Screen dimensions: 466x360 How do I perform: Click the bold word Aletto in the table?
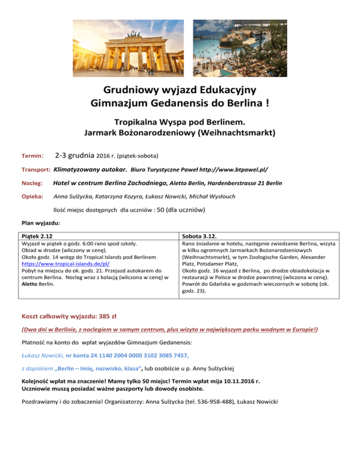click(x=31, y=284)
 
